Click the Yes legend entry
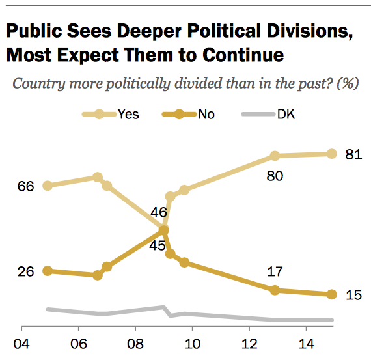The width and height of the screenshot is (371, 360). coord(111,115)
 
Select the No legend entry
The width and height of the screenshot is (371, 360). coord(188,115)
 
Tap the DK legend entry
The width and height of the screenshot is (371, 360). coord(268,115)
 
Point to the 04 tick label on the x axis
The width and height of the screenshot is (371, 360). coord(21,344)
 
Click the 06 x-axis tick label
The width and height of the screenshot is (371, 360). coord(79,344)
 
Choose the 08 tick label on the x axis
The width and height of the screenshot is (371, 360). coord(135,344)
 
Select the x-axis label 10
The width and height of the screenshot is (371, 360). coord(193,344)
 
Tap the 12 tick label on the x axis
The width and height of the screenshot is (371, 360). coord(249,344)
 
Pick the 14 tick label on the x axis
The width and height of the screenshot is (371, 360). coord(307,344)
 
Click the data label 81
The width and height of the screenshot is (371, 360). coord(353,154)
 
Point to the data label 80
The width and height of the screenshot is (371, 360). coord(275,176)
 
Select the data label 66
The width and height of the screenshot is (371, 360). coord(25,186)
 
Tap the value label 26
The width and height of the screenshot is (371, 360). coord(25,271)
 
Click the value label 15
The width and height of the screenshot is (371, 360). coord(353,295)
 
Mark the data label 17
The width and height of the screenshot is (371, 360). coord(275,271)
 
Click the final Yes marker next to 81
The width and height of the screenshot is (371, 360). coord(332,154)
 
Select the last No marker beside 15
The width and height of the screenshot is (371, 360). coord(332,294)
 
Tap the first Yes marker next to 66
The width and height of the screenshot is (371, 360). coord(48,186)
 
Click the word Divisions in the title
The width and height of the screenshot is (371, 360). coord(310,31)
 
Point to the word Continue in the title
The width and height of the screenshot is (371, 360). coord(243,55)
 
